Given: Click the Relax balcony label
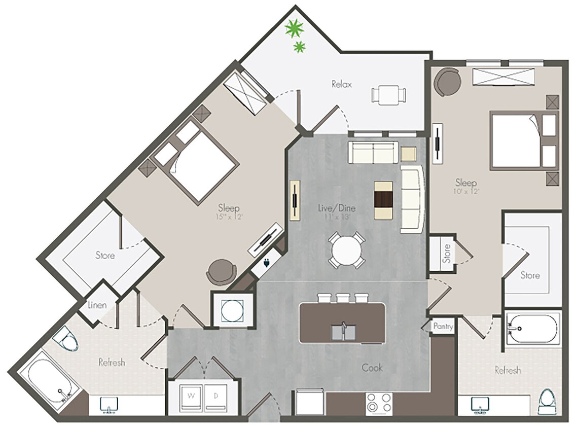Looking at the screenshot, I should pyautogui.click(x=341, y=84).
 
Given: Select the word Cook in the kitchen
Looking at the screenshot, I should pyautogui.click(x=372, y=368).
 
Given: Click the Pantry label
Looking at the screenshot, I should pyautogui.click(x=442, y=327).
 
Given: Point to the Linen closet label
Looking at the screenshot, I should pyautogui.click(x=97, y=305).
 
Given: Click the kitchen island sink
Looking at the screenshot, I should pyautogui.click(x=343, y=332).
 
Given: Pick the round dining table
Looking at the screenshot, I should pyautogui.click(x=345, y=249).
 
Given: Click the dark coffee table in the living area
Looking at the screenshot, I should pyautogui.click(x=383, y=200).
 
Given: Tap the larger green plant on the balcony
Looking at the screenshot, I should pyautogui.click(x=294, y=28).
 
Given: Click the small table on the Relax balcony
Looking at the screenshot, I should pyautogui.click(x=388, y=95).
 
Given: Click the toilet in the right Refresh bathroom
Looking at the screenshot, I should pyautogui.click(x=547, y=402).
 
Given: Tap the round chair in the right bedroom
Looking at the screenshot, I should pyautogui.click(x=447, y=82).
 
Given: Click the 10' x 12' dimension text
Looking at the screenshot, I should pyautogui.click(x=467, y=192).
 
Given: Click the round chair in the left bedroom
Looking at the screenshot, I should pyautogui.click(x=221, y=272).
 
